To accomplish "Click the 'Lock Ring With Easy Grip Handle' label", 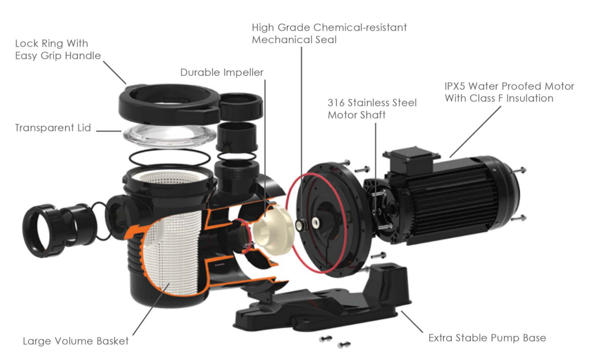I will coord(58,49).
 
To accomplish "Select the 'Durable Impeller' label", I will coord(221,73).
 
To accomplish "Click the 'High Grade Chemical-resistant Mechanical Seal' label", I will coord(329,33).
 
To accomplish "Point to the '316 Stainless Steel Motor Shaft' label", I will coord(371,109).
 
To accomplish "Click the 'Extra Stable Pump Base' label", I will coord(486,338).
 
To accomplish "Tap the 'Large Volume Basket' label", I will coord(75,340).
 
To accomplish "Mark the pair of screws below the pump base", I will coord(332,342).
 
